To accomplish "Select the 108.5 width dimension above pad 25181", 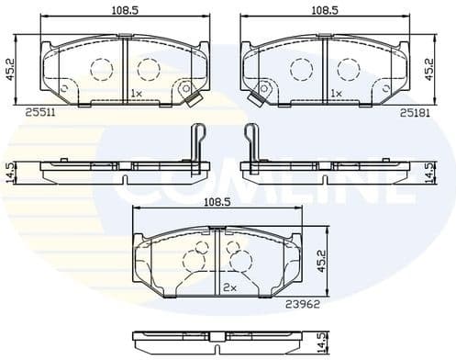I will point(320,11).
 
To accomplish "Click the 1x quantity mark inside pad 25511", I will point(136,94).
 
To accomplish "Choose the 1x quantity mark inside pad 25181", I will point(335,94).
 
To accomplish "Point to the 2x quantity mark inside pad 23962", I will point(228,287).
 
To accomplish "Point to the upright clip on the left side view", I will point(195,142).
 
